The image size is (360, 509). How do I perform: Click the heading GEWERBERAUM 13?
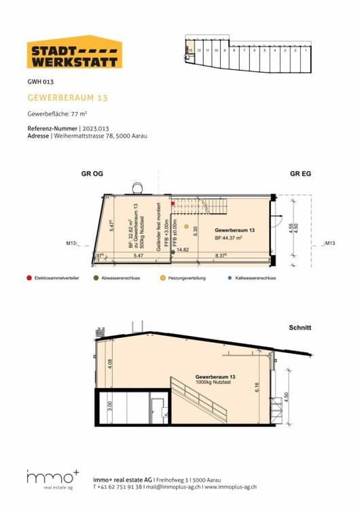tap(67, 98)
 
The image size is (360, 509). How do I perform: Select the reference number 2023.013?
tap(96, 128)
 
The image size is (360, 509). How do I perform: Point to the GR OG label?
tap(93, 174)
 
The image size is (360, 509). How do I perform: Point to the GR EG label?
tap(300, 174)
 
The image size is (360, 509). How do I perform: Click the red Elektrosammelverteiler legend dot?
tap(28, 278)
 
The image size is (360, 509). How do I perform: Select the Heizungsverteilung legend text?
tap(190, 278)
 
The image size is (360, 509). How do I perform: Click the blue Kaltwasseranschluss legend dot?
tap(230, 278)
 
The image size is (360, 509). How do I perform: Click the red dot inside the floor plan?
tap(173, 203)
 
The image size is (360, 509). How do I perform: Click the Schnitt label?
tap(300, 328)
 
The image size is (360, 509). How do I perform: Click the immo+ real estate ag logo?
tap(54, 480)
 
